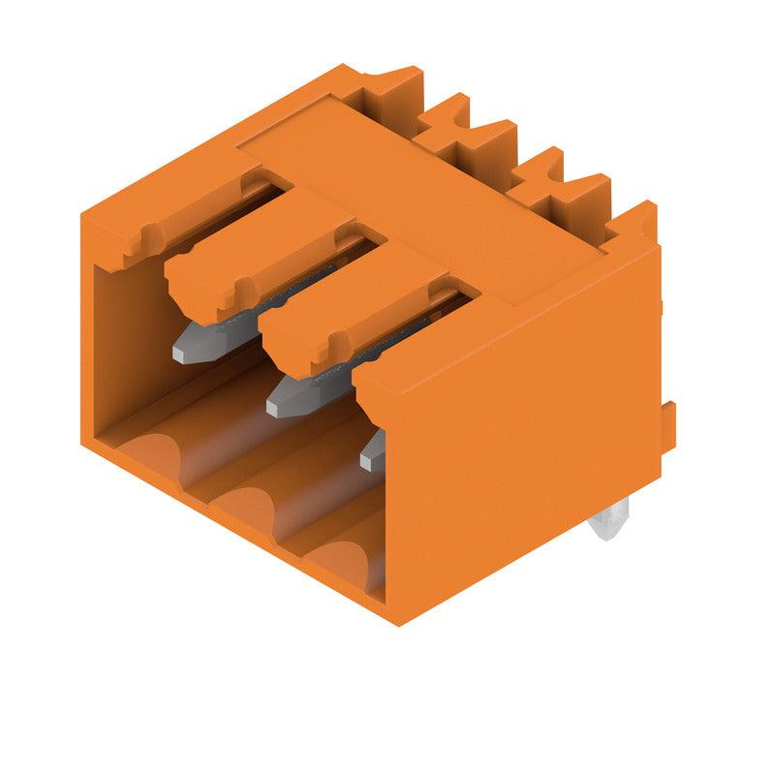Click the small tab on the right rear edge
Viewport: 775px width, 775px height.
668,427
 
